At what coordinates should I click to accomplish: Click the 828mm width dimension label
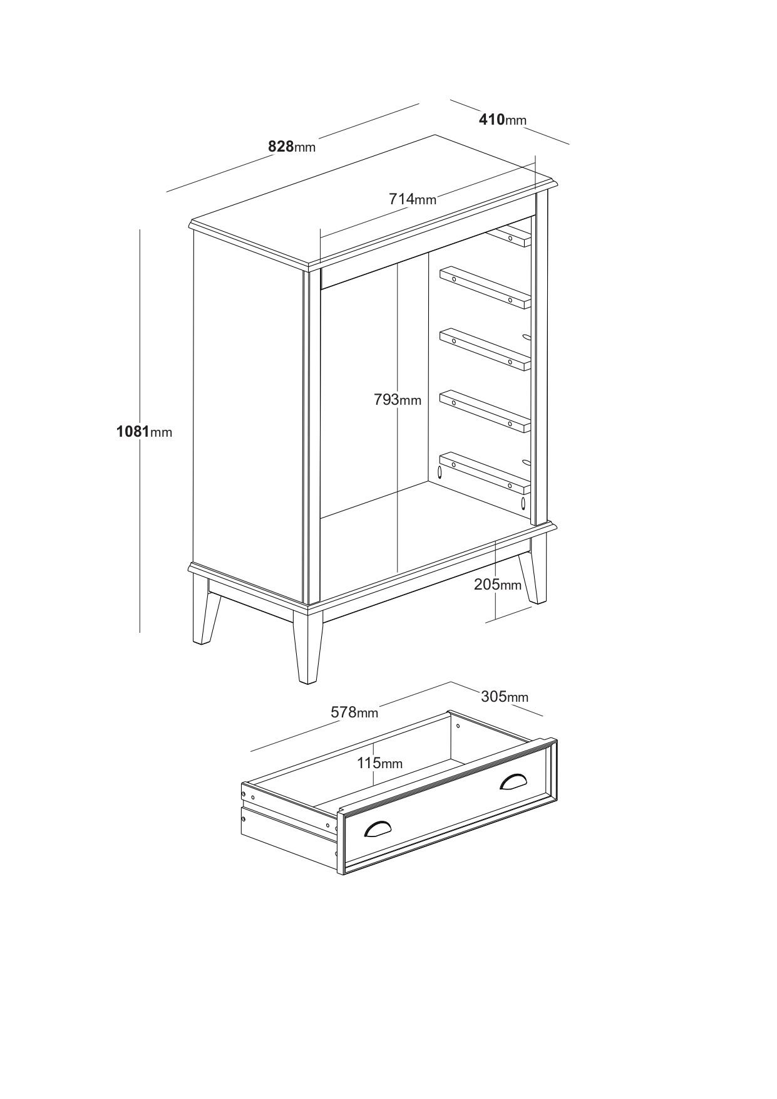pyautogui.click(x=292, y=147)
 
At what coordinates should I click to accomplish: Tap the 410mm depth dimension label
pyautogui.click(x=503, y=119)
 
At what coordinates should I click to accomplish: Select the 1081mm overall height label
pyautogui.click(x=144, y=431)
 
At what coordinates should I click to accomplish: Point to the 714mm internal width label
pyautogui.click(x=413, y=199)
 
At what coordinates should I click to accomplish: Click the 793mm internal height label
pyautogui.click(x=398, y=399)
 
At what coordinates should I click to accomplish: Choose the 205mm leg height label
pyautogui.click(x=498, y=585)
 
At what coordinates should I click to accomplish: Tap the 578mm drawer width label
pyautogui.click(x=354, y=712)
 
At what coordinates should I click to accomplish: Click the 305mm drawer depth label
pyautogui.click(x=505, y=696)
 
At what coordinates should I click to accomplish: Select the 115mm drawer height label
pyautogui.click(x=380, y=763)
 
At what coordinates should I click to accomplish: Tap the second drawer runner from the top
pyautogui.click(x=485, y=288)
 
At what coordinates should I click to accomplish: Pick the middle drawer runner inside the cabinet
pyautogui.click(x=485, y=349)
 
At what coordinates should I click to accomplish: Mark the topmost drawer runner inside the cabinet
pyautogui.click(x=510, y=236)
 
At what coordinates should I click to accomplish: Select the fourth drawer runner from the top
pyautogui.click(x=485, y=412)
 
